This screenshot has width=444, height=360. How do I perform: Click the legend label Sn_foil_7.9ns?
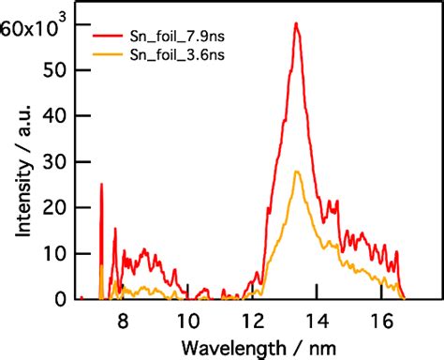[175, 37]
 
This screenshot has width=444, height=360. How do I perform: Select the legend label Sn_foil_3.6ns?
[175, 54]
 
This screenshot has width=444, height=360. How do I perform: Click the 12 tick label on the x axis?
[253, 320]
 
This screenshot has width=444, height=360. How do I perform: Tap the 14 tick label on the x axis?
[318, 320]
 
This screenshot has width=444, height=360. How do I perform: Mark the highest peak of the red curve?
[296, 24]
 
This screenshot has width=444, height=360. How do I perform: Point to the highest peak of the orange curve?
[296, 172]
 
